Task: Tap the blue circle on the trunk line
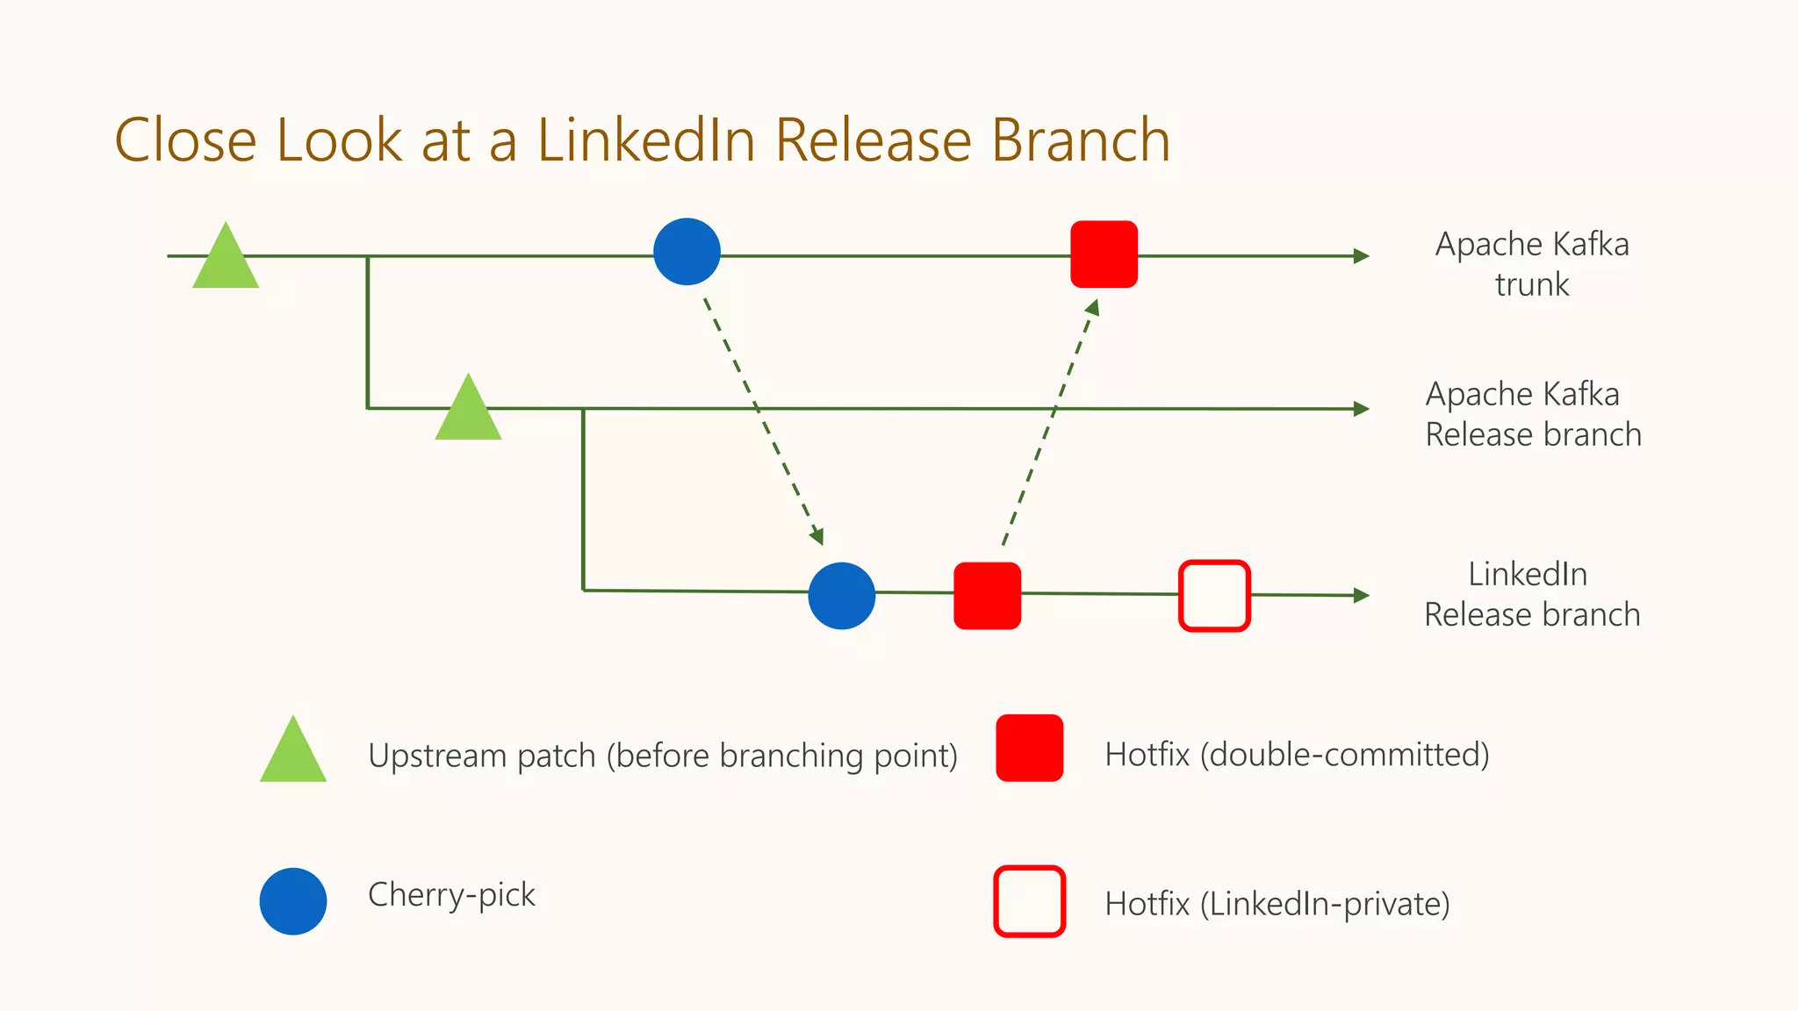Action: (687, 252)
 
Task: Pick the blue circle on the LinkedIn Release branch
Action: (842, 596)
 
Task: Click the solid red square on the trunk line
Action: (1104, 255)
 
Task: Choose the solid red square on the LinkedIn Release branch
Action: (988, 596)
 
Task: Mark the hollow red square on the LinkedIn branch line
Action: (1214, 596)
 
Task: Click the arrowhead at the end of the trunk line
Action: (1362, 256)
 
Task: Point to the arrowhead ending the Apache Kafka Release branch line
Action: (1362, 409)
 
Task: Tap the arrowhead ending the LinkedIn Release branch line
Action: (1362, 596)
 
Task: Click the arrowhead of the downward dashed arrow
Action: (817, 535)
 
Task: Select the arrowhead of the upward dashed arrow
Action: (1092, 308)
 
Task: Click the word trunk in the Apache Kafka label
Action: (1532, 285)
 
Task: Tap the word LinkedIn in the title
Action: (646, 140)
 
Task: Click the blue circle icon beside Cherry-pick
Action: (293, 901)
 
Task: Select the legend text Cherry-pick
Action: (451, 895)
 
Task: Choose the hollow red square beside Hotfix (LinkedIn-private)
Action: (1030, 901)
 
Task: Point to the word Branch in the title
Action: (1081, 140)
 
